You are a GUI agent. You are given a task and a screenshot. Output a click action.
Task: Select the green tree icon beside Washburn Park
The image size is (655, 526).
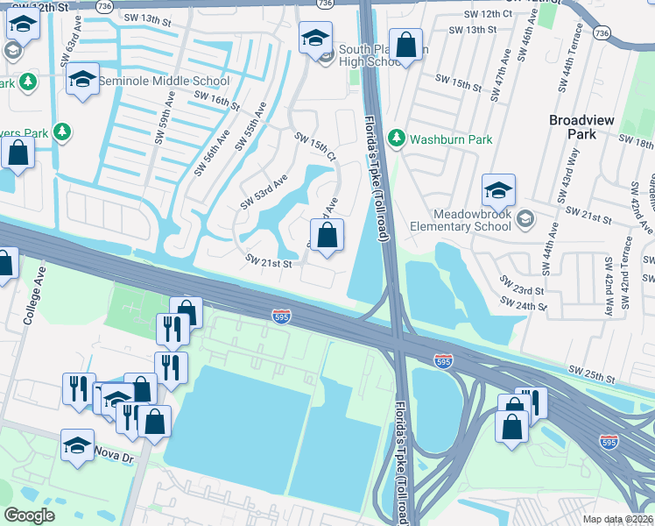click(397, 139)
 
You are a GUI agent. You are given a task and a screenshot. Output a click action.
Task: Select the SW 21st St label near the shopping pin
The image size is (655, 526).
click(268, 261)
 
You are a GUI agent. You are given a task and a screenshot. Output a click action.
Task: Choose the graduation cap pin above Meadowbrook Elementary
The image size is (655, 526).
click(498, 190)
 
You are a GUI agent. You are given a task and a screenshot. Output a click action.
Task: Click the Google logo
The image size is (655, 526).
click(29, 515)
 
